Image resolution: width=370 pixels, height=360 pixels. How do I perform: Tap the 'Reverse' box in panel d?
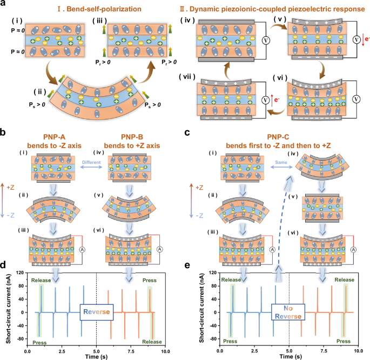[96, 311]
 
